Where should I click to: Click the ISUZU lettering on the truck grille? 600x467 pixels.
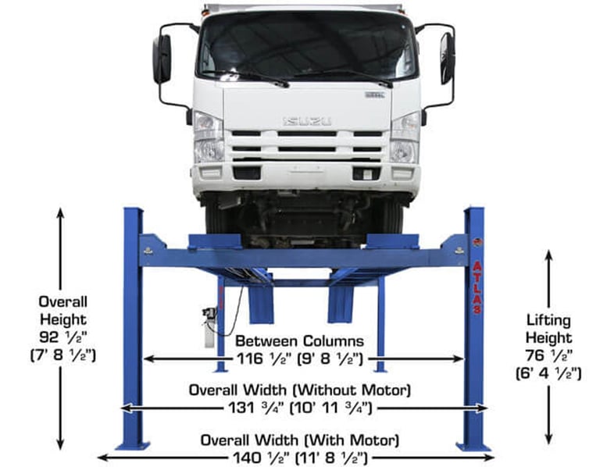pyautogui.click(x=306, y=121)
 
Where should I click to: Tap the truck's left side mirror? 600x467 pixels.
pyautogui.click(x=162, y=59)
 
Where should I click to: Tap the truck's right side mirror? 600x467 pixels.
pyautogui.click(x=447, y=58)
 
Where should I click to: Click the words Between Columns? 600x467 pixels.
pyautogui.click(x=299, y=341)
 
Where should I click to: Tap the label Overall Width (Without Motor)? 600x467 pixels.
pyautogui.click(x=301, y=390)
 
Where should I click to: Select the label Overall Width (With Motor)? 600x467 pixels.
pyautogui.click(x=300, y=440)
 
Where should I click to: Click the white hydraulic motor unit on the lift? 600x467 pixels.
pyautogui.click(x=209, y=326)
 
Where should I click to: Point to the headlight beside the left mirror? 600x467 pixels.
pyautogui.click(x=208, y=137)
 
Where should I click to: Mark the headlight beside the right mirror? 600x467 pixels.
pyautogui.click(x=405, y=137)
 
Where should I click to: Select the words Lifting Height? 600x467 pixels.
pyautogui.click(x=548, y=329)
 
